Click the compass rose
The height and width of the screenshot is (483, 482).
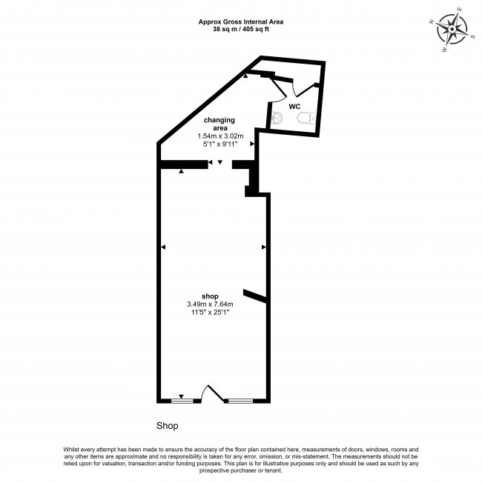click(451, 30)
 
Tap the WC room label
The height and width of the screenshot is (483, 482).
click(294, 107)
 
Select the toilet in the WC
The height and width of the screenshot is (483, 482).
click(311, 119)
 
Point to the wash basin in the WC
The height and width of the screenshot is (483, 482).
click(280, 117)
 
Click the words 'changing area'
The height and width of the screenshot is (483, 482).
click(219, 124)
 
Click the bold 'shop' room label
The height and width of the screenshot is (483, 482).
click(210, 296)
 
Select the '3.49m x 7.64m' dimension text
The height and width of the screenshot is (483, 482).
click(211, 304)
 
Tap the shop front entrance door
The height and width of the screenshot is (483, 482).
click(213, 393)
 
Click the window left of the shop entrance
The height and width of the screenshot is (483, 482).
click(182, 401)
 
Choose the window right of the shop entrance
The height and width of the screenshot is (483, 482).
click(239, 401)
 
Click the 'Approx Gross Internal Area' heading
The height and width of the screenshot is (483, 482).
click(241, 22)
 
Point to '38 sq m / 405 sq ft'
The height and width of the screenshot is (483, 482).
click(241, 30)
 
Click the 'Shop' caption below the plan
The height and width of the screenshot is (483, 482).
click(167, 427)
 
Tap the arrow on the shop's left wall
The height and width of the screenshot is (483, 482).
click(164, 246)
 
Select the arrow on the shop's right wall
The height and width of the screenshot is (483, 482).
click(263, 246)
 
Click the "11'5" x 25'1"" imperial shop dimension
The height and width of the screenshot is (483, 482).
click(211, 313)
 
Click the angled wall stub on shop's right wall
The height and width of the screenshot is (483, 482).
click(255, 296)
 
